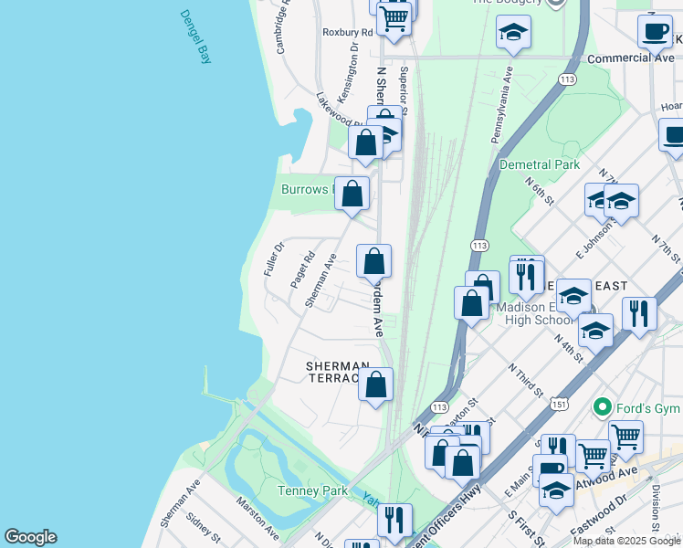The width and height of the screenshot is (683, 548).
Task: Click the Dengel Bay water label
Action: coord(195,37)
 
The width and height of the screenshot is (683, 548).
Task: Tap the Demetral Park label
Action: coord(540,164)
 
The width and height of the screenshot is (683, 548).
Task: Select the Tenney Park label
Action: coord(312,490)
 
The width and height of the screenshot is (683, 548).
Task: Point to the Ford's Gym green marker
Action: coord(602,406)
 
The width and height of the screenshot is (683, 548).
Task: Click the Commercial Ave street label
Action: coord(630,58)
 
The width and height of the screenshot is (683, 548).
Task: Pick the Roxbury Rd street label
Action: coord(348,32)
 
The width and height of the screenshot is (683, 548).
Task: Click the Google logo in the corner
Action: coord(30,537)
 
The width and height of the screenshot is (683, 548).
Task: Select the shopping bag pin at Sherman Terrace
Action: coord(375,385)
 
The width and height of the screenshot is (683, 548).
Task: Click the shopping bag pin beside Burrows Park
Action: coord(352,194)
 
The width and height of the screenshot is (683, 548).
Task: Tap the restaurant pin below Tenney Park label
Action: coord(394,520)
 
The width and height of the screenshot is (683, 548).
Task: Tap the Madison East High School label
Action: coord(534,313)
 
